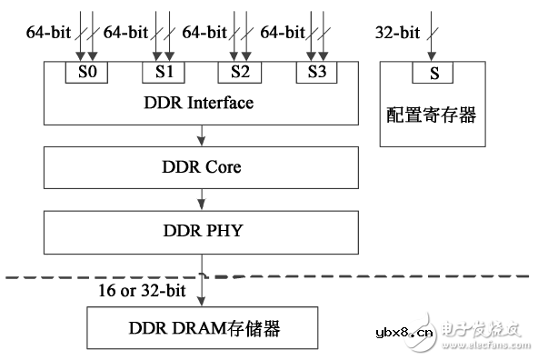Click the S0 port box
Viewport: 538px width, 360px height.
pyautogui.click(x=87, y=71)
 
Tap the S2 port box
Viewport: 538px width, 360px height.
pyautogui.click(x=240, y=71)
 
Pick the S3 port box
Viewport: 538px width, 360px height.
pyautogui.click(x=316, y=71)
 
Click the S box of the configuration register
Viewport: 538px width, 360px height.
pyautogui.click(x=433, y=71)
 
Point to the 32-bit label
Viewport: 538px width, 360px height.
pyautogui.click(x=398, y=33)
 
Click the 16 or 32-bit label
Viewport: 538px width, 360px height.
pyautogui.click(x=142, y=289)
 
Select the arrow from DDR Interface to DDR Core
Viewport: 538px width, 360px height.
pyautogui.click(x=201, y=135)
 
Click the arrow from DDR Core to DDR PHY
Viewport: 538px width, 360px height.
pyautogui.click(x=201, y=198)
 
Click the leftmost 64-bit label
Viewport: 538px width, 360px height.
pyautogui.click(x=46, y=33)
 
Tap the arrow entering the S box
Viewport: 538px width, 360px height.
pyautogui.click(x=433, y=41)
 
